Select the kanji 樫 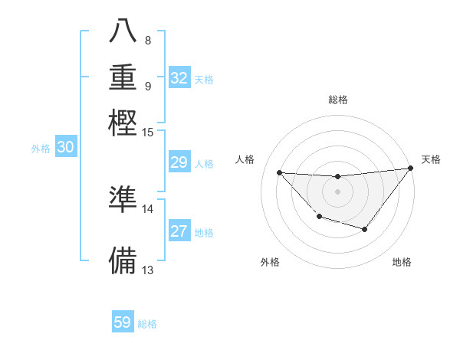click(x=123, y=122)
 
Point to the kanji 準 click(x=123, y=199)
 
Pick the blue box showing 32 click(x=179, y=78)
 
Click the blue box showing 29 click(x=179, y=162)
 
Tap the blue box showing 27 click(x=179, y=231)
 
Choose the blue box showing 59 click(x=123, y=322)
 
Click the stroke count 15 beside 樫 click(x=148, y=133)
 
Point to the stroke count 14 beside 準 click(x=148, y=208)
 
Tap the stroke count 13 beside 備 click(x=148, y=270)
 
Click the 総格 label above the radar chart click(x=337, y=100)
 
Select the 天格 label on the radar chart click(x=431, y=159)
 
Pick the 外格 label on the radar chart click(x=270, y=262)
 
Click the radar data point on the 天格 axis click(x=411, y=169)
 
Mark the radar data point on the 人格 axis click(x=279, y=172)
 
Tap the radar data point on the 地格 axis click(x=365, y=229)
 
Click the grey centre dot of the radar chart click(x=337, y=191)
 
